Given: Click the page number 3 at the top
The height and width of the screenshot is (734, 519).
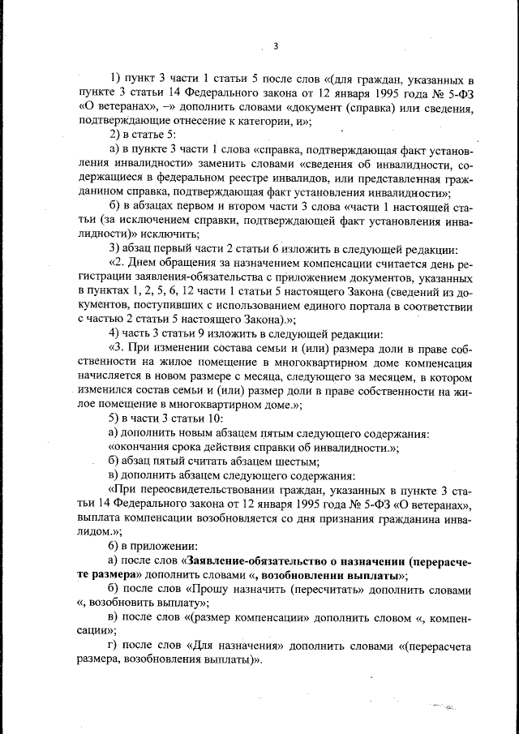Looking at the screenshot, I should pyautogui.click(x=276, y=45).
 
